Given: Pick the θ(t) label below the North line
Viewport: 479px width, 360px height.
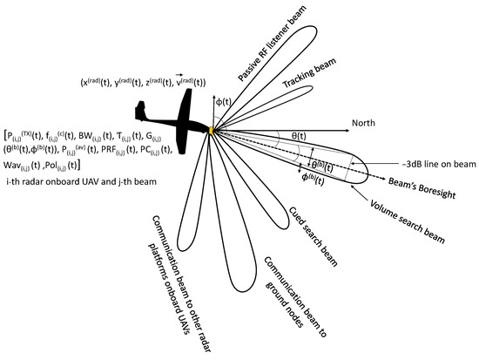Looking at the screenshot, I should (299, 136).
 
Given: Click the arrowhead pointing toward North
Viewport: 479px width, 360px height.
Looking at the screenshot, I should (344, 125).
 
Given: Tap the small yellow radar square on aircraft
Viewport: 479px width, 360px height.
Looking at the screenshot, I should (210, 131).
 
